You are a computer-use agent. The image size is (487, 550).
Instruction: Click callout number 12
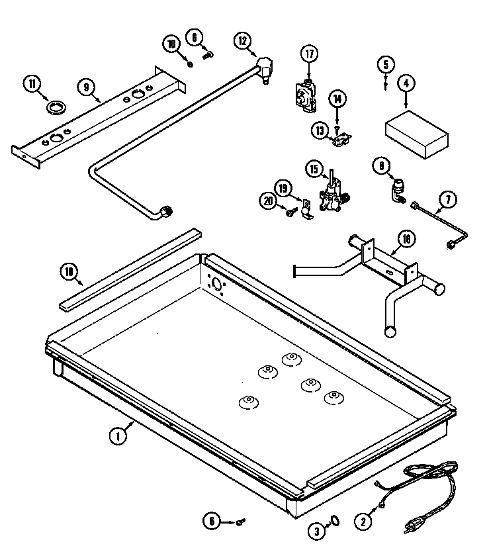[243, 41]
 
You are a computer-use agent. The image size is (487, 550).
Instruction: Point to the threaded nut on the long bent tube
[169, 211]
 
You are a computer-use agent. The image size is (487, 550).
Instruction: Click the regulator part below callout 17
[306, 97]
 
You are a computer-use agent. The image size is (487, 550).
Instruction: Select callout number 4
[406, 84]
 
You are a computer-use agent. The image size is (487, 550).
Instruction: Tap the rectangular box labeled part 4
[416, 135]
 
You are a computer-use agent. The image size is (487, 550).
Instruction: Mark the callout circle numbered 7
[448, 198]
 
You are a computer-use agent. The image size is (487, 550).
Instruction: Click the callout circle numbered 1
[117, 435]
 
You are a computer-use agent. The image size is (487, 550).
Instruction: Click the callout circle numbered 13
[320, 131]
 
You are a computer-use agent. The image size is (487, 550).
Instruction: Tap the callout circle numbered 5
[386, 65]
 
